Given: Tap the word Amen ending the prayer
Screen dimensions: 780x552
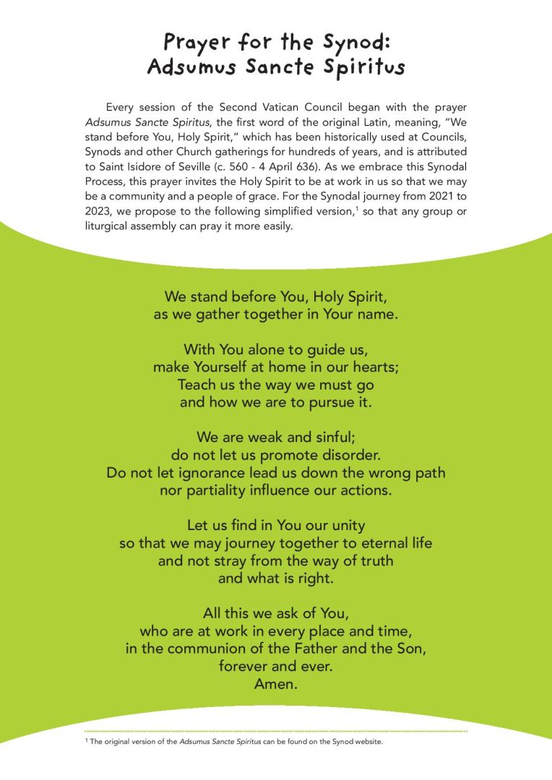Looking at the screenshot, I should [x=275, y=685].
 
